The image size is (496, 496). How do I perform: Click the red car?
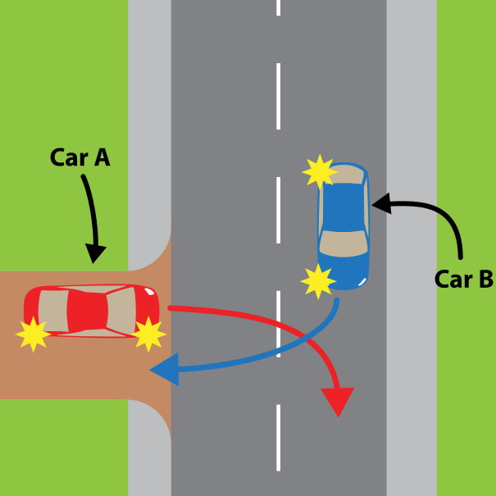pos(91,311)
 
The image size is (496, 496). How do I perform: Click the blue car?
pos(344,225)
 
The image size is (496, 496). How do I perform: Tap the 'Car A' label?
pos(80,157)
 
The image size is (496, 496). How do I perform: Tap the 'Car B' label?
pos(463,280)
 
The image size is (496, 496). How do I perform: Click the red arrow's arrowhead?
pos(337,402)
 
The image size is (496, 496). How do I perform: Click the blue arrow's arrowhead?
pos(163,370)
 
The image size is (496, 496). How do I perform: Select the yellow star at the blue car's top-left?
pos(319,171)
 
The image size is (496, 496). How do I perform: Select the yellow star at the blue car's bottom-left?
pos(318,280)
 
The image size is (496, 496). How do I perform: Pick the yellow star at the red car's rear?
pos(34,334)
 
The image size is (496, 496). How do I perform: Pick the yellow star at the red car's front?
pos(148,334)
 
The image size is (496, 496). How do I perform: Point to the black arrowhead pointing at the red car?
pos(96,253)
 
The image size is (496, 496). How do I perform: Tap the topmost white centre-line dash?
pos(279,7)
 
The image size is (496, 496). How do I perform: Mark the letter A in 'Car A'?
pos(101,157)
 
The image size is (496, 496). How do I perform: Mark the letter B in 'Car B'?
pos(483,280)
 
